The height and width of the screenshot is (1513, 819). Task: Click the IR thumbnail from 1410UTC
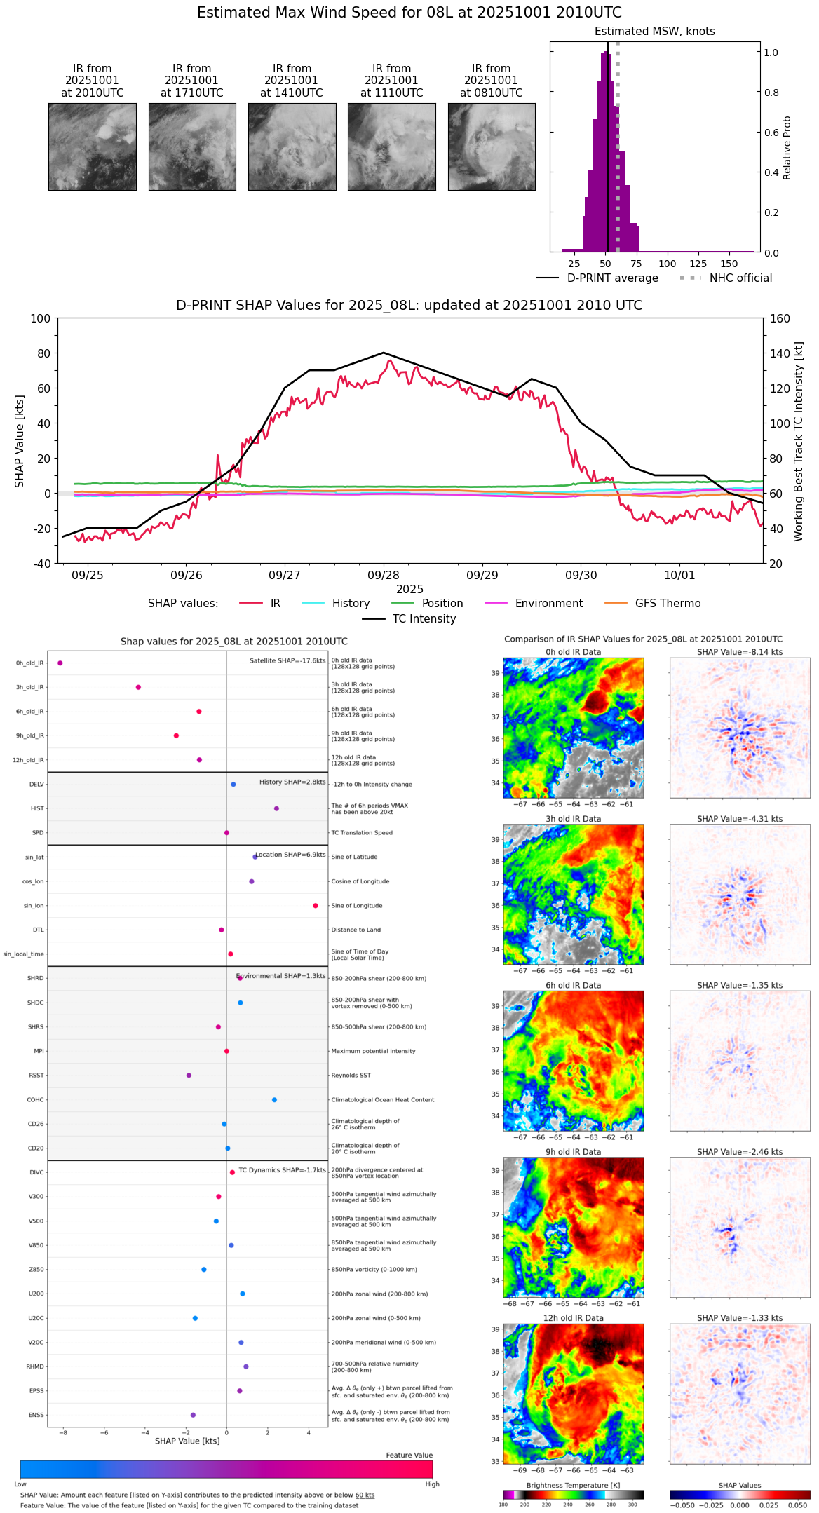point(292,147)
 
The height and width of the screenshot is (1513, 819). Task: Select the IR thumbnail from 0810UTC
point(492,147)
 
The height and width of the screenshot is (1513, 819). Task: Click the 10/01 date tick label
point(679,575)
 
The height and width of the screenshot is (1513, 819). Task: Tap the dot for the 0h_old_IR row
point(60,663)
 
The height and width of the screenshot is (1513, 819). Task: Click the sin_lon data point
point(316,906)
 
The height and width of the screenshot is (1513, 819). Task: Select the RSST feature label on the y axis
point(36,1076)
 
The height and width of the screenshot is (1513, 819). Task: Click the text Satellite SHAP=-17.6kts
point(287,661)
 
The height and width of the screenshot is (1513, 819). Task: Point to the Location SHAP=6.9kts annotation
point(290,855)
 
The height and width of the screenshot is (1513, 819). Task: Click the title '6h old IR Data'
point(573,986)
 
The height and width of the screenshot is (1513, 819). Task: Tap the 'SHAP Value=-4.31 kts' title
point(740,819)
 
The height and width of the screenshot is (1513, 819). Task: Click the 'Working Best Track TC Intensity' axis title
point(799,442)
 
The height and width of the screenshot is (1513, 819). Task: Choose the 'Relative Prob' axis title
point(787,148)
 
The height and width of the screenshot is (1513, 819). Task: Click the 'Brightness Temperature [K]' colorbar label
point(573,1485)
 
